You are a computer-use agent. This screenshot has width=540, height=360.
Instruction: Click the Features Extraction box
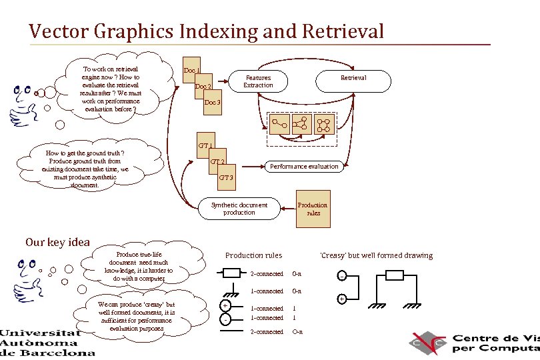258,81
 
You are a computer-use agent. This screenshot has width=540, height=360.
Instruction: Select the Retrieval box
353,78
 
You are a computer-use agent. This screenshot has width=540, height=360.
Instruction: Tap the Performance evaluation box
304,166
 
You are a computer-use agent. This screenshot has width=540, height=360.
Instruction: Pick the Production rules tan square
313,209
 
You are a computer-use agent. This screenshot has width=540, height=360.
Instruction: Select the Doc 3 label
212,103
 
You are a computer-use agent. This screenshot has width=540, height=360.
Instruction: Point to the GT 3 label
227,177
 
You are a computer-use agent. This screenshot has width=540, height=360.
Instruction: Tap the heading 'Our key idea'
57,242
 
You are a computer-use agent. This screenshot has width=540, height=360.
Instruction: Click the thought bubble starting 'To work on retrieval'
110,89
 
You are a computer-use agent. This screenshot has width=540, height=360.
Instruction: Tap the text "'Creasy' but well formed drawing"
376,255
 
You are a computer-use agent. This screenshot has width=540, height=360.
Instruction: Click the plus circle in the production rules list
225,306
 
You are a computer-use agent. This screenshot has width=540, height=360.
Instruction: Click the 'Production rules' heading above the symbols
253,255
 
